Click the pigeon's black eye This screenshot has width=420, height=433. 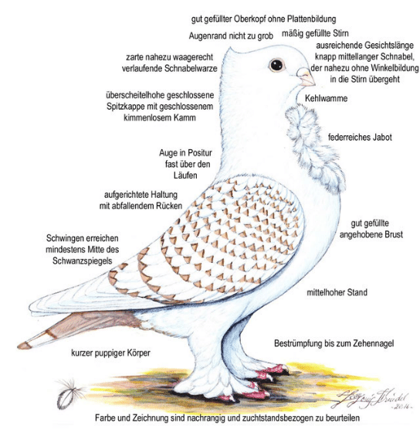(276, 65)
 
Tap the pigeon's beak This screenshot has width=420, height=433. (306, 77)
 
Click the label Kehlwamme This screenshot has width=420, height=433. (327, 98)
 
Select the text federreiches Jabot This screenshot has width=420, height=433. (360, 138)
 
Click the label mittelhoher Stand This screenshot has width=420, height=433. (337, 292)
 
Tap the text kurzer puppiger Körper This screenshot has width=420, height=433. (110, 353)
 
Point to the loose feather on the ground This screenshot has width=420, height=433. (69, 394)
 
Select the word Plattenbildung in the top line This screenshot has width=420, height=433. (312, 19)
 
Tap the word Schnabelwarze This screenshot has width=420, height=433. (191, 69)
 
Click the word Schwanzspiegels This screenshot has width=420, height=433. (82, 261)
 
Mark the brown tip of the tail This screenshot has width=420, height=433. (24, 345)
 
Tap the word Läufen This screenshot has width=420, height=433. (185, 176)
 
